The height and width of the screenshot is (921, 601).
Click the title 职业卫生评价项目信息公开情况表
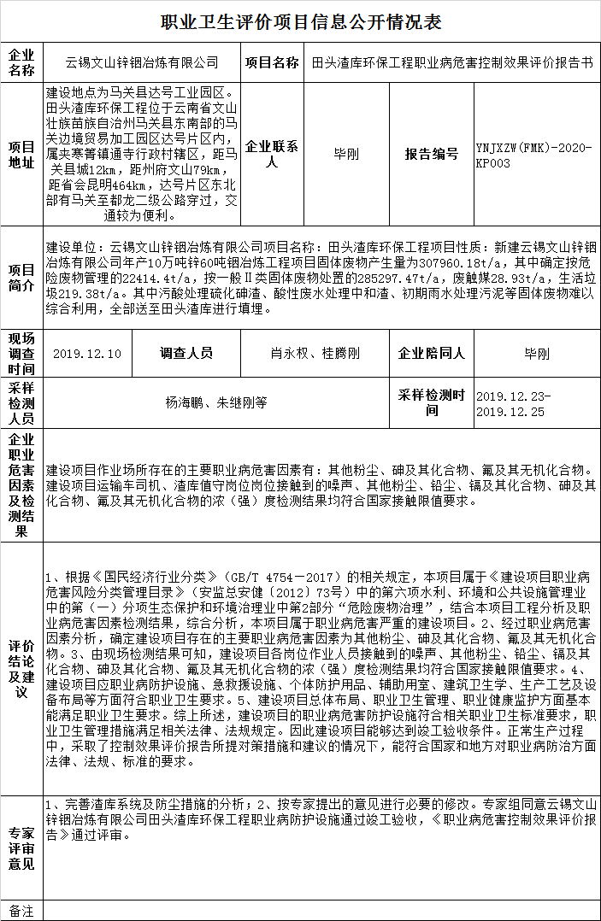300,21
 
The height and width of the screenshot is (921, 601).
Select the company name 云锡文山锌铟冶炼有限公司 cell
142,63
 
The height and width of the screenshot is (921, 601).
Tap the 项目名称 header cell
272,63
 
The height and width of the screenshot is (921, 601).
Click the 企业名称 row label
22,63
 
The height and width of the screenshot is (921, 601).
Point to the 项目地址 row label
22,155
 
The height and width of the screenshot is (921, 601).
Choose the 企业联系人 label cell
272,155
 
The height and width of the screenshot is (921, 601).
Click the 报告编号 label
432,155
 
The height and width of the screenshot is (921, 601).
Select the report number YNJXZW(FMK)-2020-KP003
534,155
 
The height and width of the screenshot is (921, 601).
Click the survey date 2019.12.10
87,354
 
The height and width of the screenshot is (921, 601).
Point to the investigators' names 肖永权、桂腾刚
315,354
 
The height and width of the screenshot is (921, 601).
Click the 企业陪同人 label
432,354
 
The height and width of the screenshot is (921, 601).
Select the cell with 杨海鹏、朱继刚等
216,401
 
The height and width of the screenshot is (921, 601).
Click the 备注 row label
22,911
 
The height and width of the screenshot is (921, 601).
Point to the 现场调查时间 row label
22,354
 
